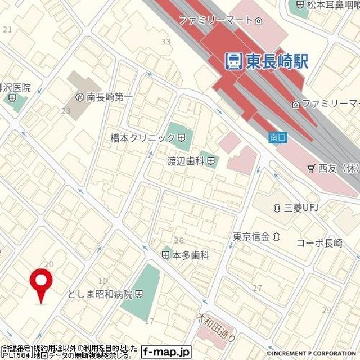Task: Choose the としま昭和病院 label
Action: coord(100,294)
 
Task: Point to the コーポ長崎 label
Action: coord(319,243)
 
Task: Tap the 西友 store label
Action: coord(337,168)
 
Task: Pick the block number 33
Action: coord(165,42)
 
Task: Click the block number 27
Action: coord(257,288)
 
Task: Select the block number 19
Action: coord(102,280)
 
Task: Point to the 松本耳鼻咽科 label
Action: coord(332,6)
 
